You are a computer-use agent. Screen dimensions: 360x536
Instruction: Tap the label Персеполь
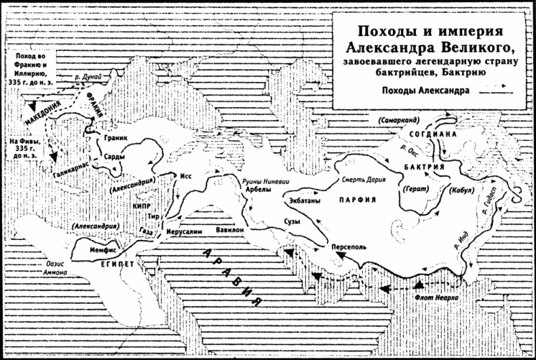(348, 247)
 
